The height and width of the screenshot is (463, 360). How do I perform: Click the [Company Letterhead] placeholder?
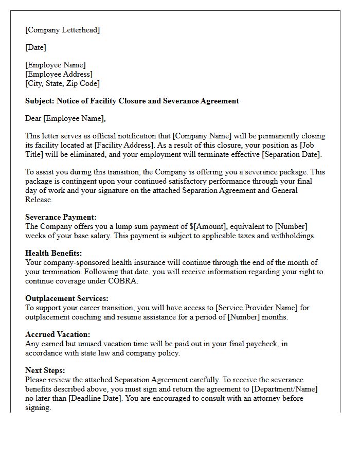pos(63,30)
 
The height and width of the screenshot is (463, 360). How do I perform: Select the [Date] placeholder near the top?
pos(36,47)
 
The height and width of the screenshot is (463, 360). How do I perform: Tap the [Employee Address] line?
pos(59,74)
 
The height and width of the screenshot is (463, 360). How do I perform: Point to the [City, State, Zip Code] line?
pos(63,83)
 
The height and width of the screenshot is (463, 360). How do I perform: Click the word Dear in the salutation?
pos(33,118)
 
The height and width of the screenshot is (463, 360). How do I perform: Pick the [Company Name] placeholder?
pos(202,136)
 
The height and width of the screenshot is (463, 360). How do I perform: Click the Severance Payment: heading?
pos(61,217)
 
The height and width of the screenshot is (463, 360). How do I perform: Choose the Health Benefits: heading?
pos(53,253)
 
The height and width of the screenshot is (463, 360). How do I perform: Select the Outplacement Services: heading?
pos(67,298)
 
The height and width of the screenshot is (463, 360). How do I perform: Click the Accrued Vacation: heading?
pos(58,334)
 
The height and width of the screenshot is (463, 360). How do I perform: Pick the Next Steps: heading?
pos(45,370)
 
